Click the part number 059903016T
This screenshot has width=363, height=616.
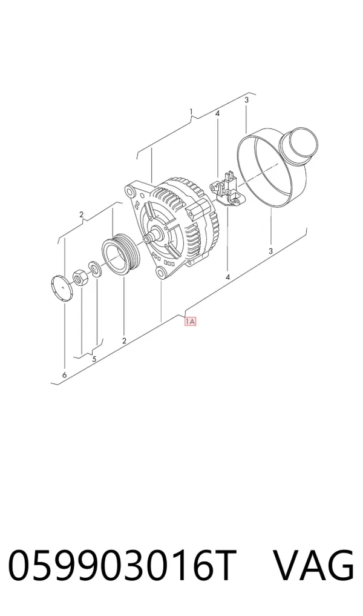[x=122, y=566]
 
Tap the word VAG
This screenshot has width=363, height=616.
[x=313, y=566]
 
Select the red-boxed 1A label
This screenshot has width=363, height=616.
[x=191, y=322]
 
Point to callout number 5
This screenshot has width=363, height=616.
[x=94, y=359]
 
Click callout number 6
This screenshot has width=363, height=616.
[x=64, y=375]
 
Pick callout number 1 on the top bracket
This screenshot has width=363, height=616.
[x=191, y=112]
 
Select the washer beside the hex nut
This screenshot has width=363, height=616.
[x=94, y=268]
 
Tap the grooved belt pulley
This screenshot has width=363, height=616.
[x=120, y=256]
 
